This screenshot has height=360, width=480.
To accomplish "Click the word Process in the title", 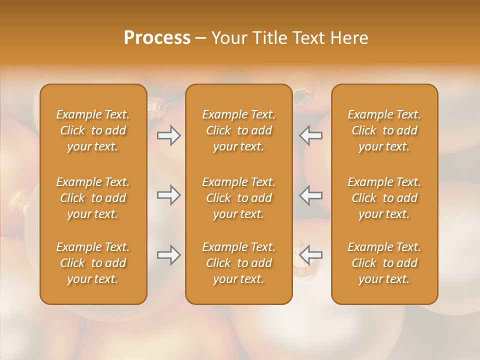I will (x=157, y=38).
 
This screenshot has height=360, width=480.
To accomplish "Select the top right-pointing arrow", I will (x=169, y=135).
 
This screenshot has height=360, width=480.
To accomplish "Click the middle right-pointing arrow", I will (x=169, y=195).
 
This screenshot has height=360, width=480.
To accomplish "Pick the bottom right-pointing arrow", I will (x=169, y=255).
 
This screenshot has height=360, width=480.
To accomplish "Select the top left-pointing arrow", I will (x=310, y=135).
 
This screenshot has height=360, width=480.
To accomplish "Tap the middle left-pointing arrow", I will (x=310, y=195).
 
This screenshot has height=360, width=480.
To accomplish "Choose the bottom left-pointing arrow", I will (x=310, y=255).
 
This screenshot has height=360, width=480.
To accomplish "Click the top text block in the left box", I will (x=93, y=130).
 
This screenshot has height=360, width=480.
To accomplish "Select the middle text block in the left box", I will (x=93, y=198).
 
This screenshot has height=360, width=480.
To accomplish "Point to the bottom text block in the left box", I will (x=93, y=263).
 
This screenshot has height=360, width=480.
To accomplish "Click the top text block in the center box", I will (x=239, y=130).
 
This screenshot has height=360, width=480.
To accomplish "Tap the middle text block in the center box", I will (x=239, y=198).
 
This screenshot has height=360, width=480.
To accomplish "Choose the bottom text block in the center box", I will (x=239, y=263).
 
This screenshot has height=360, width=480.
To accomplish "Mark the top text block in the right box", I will (x=384, y=130).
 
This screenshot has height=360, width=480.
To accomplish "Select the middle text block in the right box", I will (x=384, y=198).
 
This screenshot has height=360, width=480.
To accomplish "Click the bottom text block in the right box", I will (x=384, y=263).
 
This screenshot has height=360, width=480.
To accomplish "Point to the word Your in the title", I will (x=228, y=38).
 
